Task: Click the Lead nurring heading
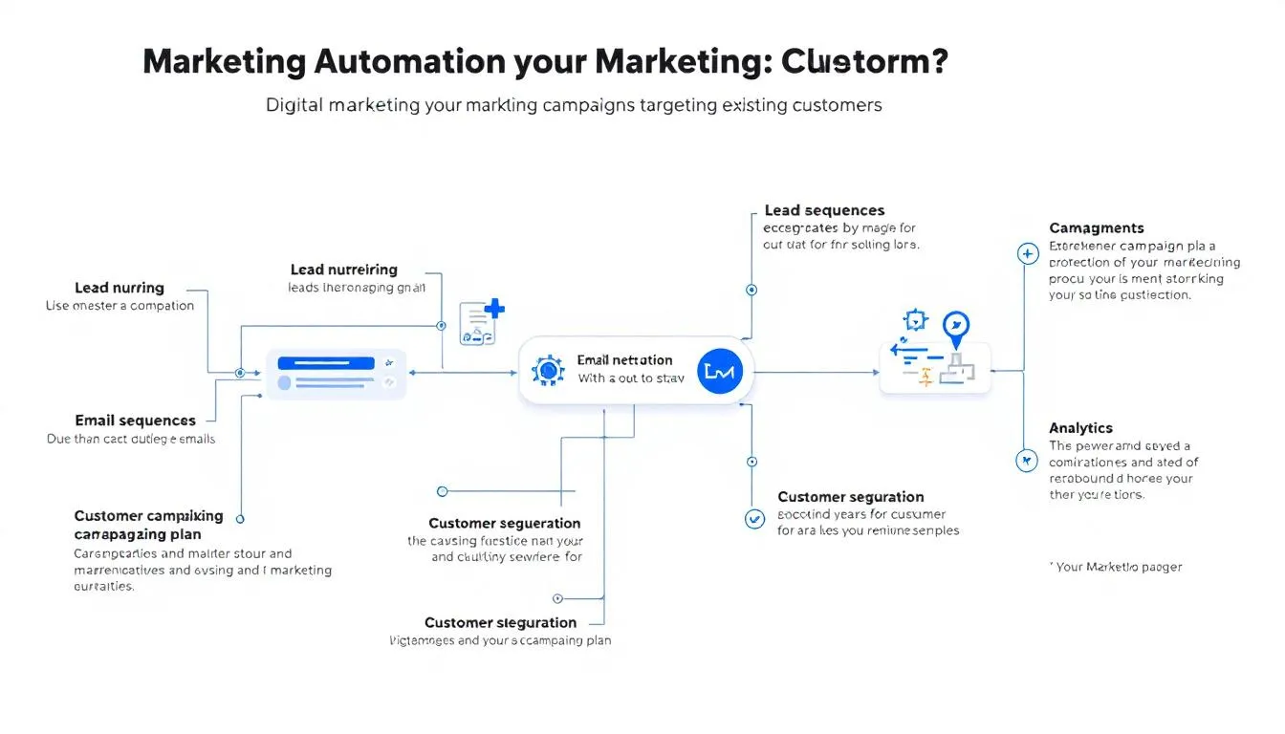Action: [x=119, y=288]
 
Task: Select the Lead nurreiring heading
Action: [x=343, y=270]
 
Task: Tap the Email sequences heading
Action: [x=135, y=421]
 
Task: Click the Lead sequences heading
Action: [x=824, y=210]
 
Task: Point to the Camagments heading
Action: [x=1096, y=228]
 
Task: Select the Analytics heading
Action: [x=1080, y=428]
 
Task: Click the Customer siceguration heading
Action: [x=500, y=622]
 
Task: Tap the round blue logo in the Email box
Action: [x=718, y=372]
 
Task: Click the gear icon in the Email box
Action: [x=548, y=371]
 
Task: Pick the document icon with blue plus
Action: [x=481, y=322]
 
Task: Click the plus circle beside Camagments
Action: [x=1027, y=254]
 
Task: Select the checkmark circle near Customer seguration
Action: [x=754, y=519]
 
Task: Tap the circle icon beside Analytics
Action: [x=1026, y=462]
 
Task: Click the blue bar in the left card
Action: [x=326, y=363]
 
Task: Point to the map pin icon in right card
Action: [x=955, y=326]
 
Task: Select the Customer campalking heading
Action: [x=148, y=516]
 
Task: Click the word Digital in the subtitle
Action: [x=294, y=105]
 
